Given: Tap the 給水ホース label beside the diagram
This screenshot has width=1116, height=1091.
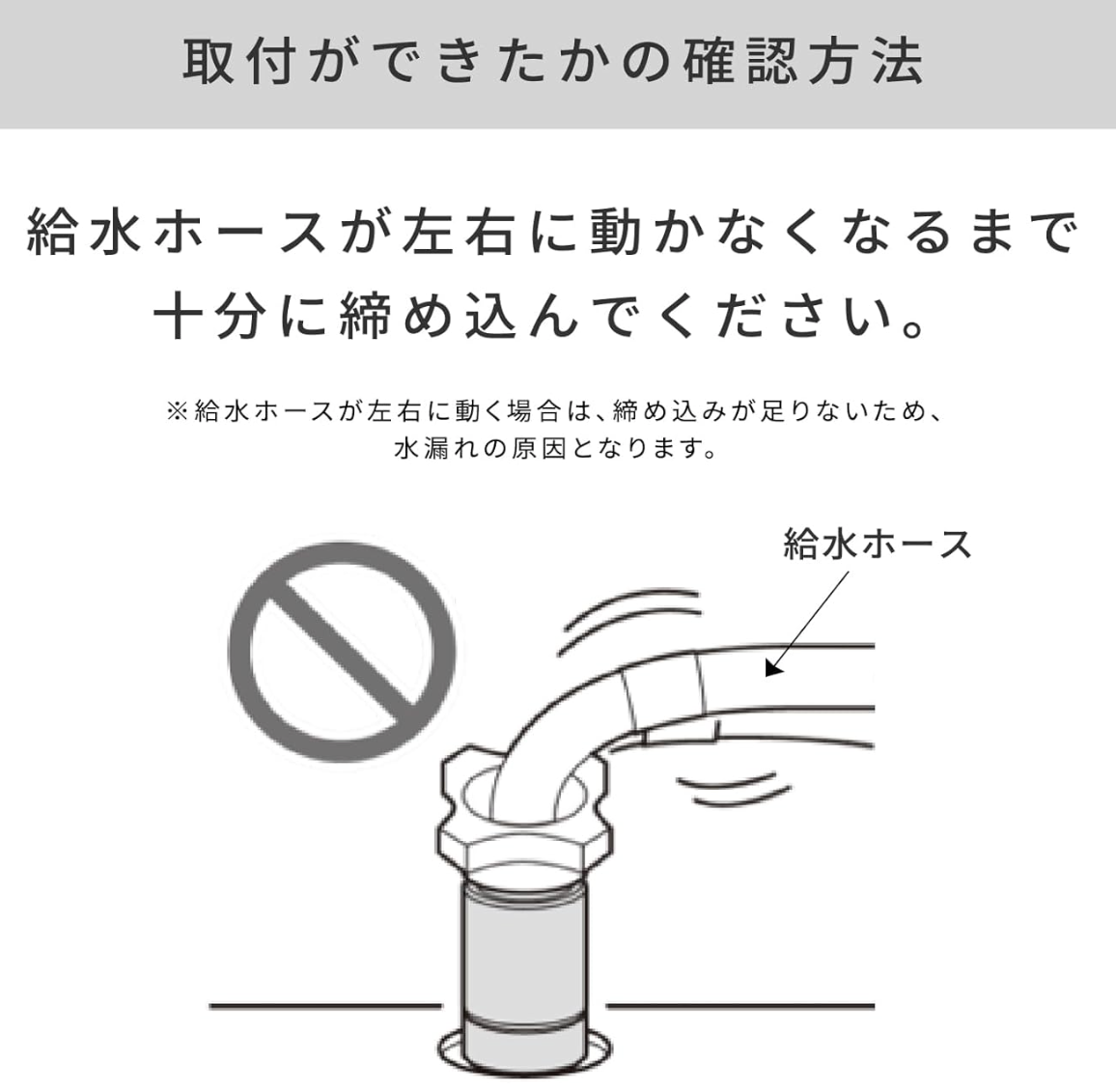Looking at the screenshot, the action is pyautogui.click(x=877, y=545).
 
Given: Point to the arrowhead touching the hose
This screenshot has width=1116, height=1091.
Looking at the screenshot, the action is pyautogui.click(x=773, y=668).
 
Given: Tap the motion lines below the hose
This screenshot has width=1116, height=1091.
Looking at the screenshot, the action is pyautogui.click(x=733, y=790).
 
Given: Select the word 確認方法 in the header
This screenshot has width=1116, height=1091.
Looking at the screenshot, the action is pyautogui.click(x=804, y=63).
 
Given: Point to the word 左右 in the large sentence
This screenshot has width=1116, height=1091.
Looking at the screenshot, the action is pyautogui.click(x=459, y=233).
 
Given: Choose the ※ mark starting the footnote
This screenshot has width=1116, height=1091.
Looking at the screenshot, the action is pyautogui.click(x=176, y=411).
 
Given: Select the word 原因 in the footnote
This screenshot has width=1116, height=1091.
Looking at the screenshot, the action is pyautogui.click(x=538, y=448).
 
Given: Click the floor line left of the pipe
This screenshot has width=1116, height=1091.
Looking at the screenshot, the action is pyautogui.click(x=326, y=1006).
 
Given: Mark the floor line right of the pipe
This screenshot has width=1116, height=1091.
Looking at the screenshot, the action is pyautogui.click(x=740, y=1006).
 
